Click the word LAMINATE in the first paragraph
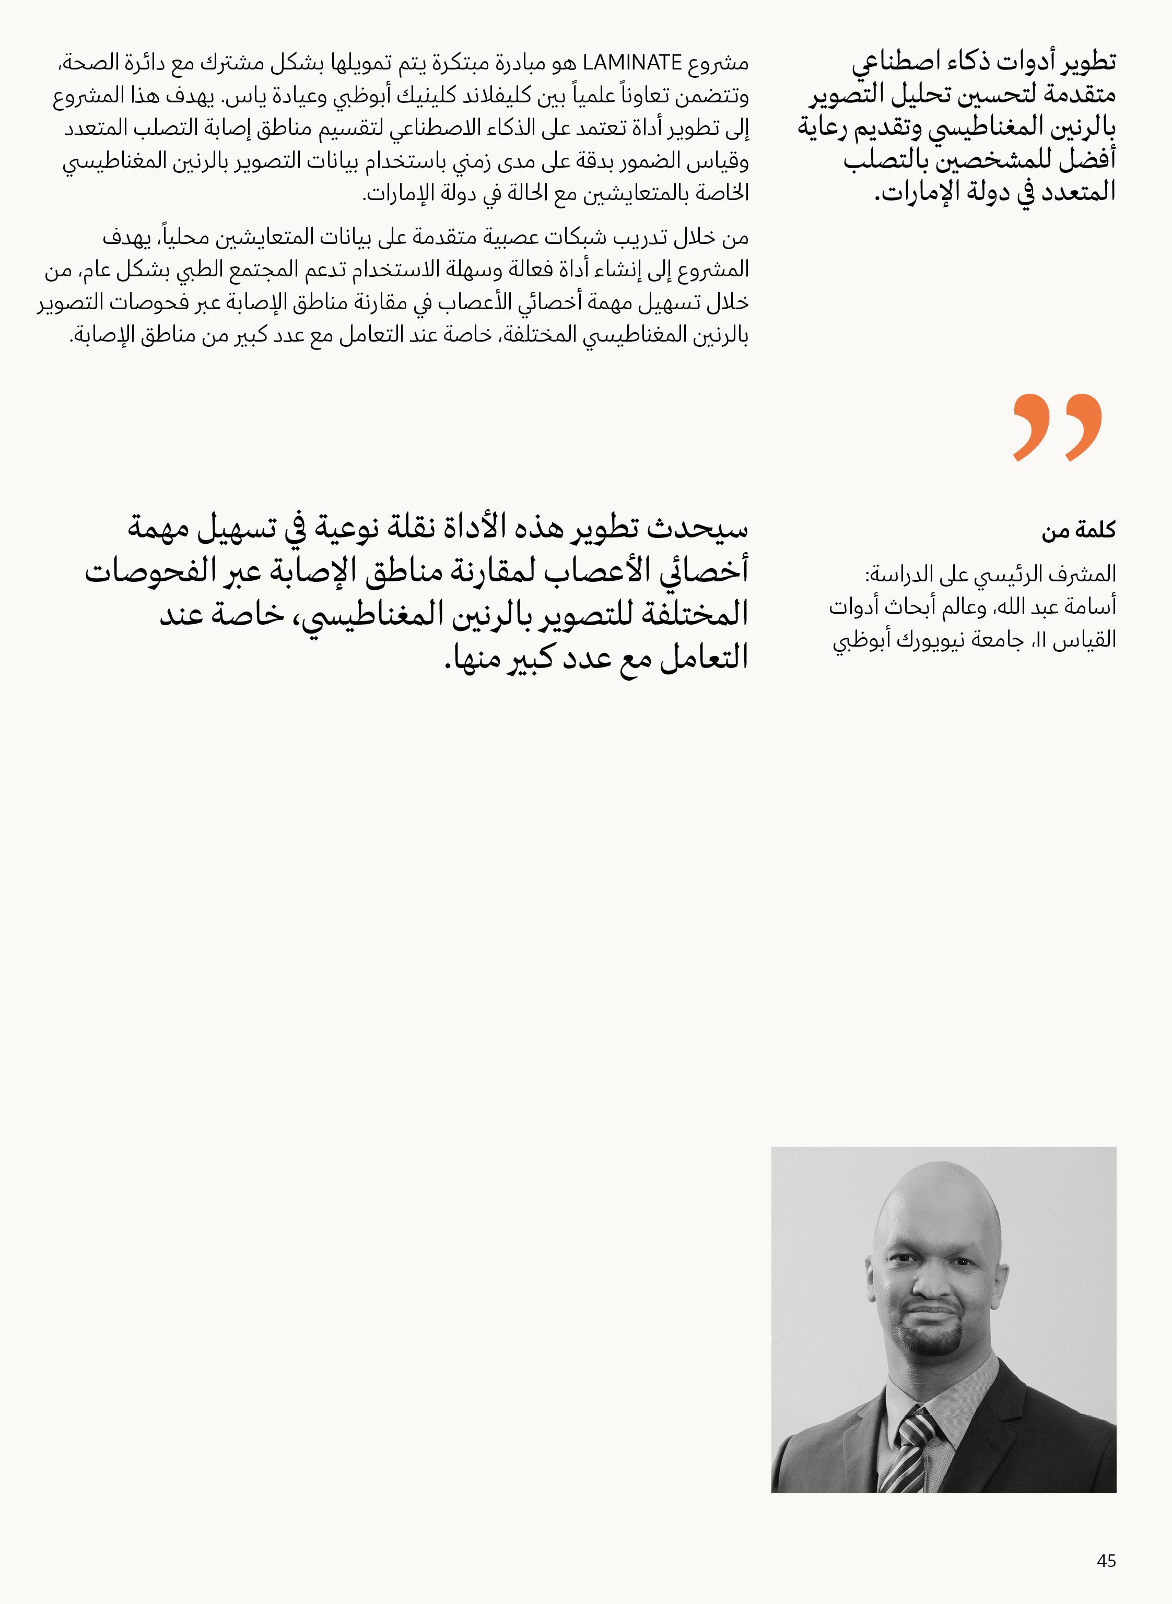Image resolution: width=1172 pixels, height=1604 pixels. tap(631, 63)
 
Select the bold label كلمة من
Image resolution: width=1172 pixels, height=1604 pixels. tap(1079, 530)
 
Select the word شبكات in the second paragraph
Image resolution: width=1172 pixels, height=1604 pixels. tap(560, 238)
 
